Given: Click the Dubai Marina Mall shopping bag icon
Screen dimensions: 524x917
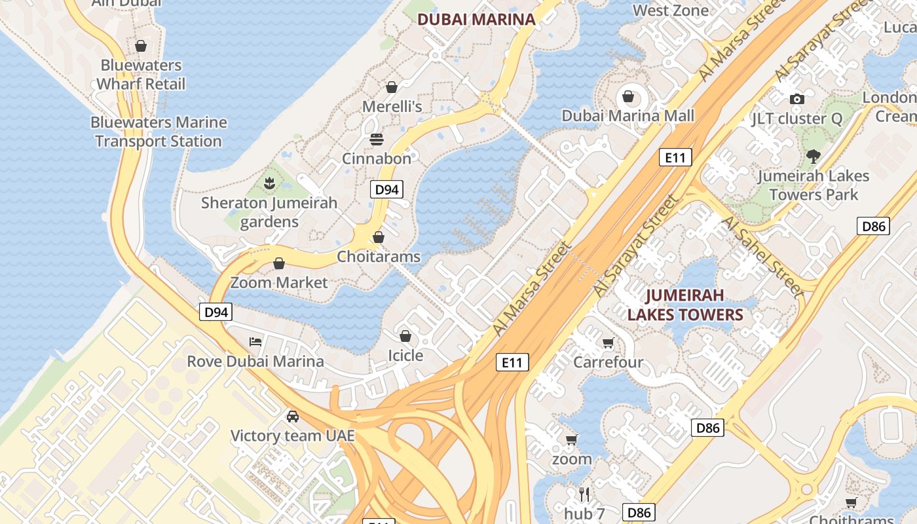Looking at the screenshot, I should (628, 97).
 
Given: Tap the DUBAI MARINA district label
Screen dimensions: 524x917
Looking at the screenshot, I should (476, 20).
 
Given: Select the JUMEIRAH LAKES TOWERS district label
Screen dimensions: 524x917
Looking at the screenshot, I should (685, 305).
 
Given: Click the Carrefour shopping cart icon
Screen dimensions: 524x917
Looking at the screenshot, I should (608, 343).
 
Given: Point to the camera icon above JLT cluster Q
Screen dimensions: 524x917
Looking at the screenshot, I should (796, 99).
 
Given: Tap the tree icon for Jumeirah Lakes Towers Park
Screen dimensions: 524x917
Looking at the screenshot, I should (813, 157).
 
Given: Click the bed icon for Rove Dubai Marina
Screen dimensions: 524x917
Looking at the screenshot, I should (255, 342).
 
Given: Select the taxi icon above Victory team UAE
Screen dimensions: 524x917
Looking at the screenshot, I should (292, 416).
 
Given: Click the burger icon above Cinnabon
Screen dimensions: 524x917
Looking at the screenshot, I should (376, 139).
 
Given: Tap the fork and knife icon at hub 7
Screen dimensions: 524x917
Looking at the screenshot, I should (584, 494).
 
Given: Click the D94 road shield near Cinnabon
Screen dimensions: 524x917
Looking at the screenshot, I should (386, 190).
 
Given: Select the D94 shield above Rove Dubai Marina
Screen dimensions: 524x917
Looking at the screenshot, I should (215, 312).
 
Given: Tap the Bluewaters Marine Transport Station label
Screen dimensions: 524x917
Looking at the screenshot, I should (159, 132).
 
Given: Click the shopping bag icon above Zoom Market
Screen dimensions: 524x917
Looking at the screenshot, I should (279, 263).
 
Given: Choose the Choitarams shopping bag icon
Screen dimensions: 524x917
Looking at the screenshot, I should (378, 237).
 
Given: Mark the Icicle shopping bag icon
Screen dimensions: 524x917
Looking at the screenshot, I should (405, 336).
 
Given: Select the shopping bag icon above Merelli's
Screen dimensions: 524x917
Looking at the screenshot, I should (392, 87).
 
